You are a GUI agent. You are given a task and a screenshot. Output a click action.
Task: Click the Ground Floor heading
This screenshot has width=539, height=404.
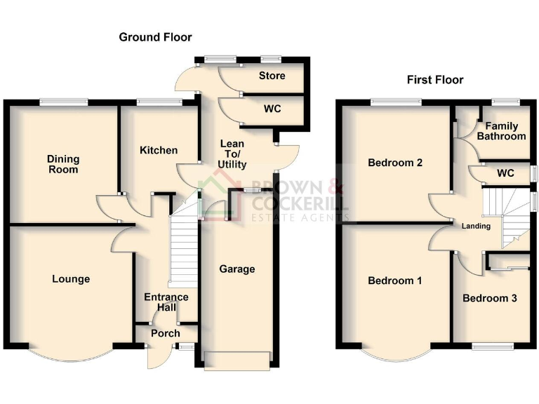coord(155,37)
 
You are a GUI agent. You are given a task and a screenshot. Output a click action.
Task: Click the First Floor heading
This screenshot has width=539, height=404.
coord(435,80)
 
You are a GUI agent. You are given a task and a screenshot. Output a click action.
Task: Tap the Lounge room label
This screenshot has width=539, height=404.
coord(71,279)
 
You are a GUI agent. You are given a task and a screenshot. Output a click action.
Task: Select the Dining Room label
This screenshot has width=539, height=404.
coord(62,164)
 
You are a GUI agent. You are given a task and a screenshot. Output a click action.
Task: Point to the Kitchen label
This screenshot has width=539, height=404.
coord(158,150)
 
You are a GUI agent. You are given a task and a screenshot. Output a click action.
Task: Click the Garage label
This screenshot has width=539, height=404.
coord(237,269)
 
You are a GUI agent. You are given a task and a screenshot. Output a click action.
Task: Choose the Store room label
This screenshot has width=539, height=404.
coord(270,76)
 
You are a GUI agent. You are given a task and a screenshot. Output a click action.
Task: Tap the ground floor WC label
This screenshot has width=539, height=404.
coord(272,110)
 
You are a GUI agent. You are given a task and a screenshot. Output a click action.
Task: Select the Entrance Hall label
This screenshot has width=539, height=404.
coord(166,302)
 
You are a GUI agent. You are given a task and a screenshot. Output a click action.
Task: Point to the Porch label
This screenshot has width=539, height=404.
coord(166,333)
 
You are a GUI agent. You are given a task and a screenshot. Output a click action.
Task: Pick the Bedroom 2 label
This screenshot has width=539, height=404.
coord(394,163)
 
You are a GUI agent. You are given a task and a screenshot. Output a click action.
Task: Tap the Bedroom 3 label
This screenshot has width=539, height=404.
coord(490,298)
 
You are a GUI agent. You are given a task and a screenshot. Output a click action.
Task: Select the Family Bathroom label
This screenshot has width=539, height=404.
coord(501,131)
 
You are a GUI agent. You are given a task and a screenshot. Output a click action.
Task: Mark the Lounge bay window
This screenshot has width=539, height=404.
coord(70,353)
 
